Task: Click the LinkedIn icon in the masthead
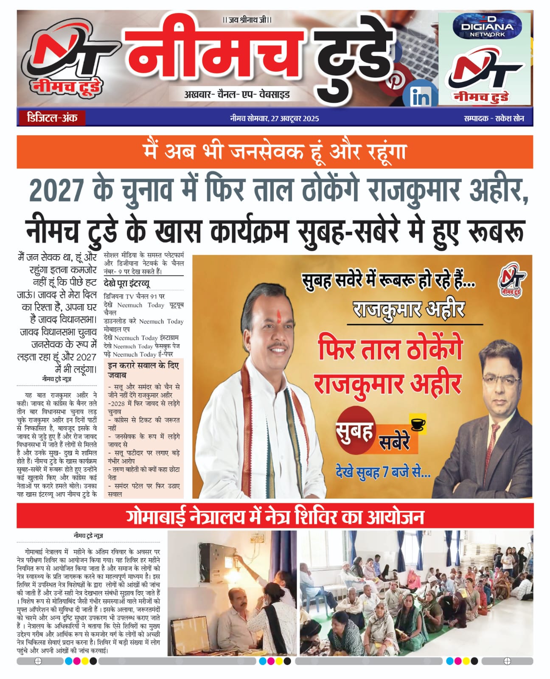420,97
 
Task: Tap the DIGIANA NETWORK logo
487,27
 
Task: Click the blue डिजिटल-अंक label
52,118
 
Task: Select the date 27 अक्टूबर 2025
295,118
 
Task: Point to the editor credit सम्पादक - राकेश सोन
494,118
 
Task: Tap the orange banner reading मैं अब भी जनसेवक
275,152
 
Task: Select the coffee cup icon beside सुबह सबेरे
418,424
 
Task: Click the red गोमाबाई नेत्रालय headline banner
275,516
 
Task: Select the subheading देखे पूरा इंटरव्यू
126,283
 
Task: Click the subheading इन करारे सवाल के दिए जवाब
143,370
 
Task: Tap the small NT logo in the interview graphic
511,282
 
